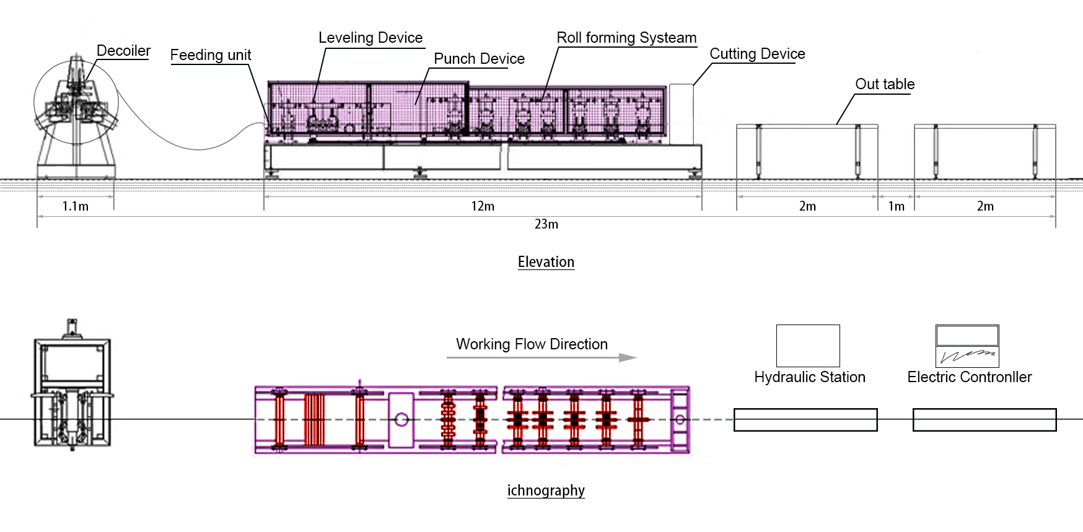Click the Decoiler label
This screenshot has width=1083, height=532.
pos(123,51)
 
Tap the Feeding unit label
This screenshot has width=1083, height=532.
pos(211,55)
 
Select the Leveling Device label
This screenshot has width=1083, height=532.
pos(370,38)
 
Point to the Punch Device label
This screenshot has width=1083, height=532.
pos(479,59)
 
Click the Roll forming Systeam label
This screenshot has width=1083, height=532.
pos(626,38)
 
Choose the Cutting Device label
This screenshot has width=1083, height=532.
pos(757,54)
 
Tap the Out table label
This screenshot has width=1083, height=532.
pos(885,84)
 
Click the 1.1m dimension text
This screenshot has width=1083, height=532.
pos(75,206)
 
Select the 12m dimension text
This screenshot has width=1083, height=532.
pos(483,206)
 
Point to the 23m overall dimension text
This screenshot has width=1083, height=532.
pos(546,224)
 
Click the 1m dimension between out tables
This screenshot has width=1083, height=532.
pos(896,206)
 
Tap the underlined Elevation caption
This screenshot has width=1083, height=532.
pos(546,262)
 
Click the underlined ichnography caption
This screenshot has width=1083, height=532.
pos(546,491)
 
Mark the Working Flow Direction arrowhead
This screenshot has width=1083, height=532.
pos(628,357)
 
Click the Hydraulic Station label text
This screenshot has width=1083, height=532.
pos(809,377)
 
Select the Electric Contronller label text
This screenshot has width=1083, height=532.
pos(969,377)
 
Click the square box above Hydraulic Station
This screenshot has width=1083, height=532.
pos(808,346)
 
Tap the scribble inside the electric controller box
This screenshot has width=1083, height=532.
pos(967,356)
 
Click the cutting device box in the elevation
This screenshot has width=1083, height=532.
pos(681,114)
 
